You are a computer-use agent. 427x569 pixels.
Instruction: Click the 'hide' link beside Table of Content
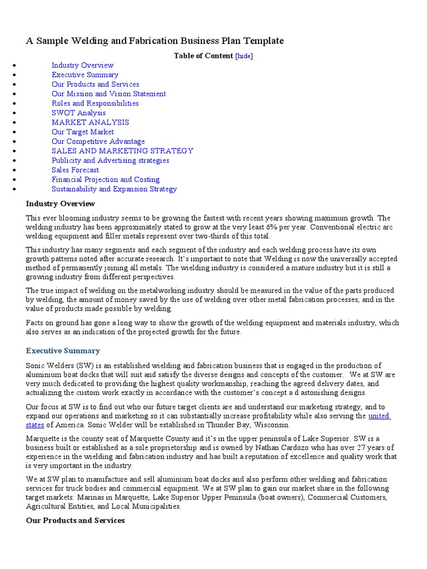pos(244,56)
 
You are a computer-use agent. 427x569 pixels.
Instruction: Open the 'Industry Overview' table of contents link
pos(82,65)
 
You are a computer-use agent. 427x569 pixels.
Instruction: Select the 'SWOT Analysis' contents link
pos(78,113)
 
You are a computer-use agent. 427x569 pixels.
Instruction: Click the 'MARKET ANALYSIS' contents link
pos(90,122)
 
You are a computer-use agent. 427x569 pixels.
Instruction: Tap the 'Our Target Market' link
pos(82,132)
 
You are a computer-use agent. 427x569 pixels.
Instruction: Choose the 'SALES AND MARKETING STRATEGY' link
pos(122,151)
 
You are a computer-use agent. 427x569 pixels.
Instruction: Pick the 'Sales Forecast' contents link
pos(75,170)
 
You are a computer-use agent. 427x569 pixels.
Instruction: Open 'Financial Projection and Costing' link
pos(106,179)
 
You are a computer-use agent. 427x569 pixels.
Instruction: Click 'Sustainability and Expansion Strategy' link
pos(114,189)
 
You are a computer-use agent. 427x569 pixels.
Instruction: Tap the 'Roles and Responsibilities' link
pos(95,103)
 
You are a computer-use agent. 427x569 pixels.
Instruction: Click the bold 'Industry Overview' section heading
pos(61,204)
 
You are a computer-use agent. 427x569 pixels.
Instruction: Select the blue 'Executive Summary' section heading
pos(63,351)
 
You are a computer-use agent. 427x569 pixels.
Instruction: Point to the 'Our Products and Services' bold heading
pos(75,520)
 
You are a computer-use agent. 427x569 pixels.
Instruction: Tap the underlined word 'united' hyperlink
pos(379,416)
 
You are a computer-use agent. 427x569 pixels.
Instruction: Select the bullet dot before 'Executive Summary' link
pos(13,75)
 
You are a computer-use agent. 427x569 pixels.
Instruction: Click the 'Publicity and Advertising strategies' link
pos(110,161)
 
